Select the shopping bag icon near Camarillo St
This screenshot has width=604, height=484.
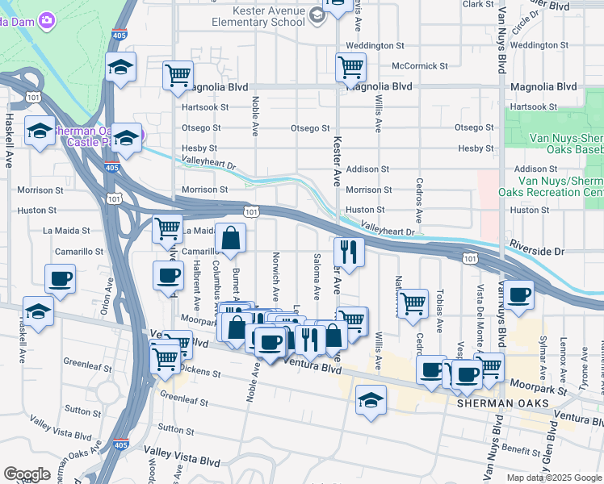(231, 238)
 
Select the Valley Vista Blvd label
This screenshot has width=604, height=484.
(182, 460)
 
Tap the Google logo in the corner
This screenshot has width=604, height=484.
(27, 474)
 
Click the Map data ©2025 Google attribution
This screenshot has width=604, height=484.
(553, 478)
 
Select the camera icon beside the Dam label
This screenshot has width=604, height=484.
(47, 19)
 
